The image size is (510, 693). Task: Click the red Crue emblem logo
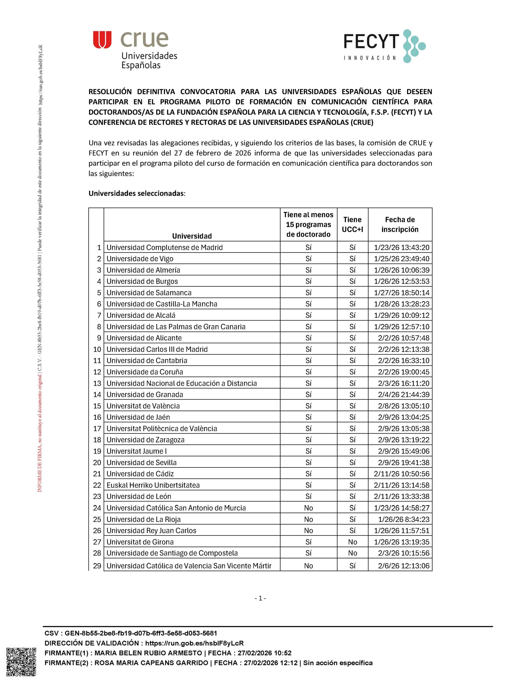102,40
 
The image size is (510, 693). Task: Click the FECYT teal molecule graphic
414,46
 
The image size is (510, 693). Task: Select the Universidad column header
192,236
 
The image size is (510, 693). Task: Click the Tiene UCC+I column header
352,224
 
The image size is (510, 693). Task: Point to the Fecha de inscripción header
400,224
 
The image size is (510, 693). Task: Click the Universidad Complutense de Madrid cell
165,247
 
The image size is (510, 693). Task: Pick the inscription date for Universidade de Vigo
401,259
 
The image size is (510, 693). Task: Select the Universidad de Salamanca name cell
149,293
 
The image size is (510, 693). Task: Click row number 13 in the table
97,383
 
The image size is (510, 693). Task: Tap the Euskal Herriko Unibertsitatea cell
153,485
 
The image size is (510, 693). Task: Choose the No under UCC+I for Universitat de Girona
352,542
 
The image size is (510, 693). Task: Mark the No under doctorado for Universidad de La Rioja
308,519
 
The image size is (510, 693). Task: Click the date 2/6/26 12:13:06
404,565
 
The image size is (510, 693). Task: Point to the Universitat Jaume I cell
136,451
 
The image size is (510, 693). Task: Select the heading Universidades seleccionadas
137,193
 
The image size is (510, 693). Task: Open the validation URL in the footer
194,643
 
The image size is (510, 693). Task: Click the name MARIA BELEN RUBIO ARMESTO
148,653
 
